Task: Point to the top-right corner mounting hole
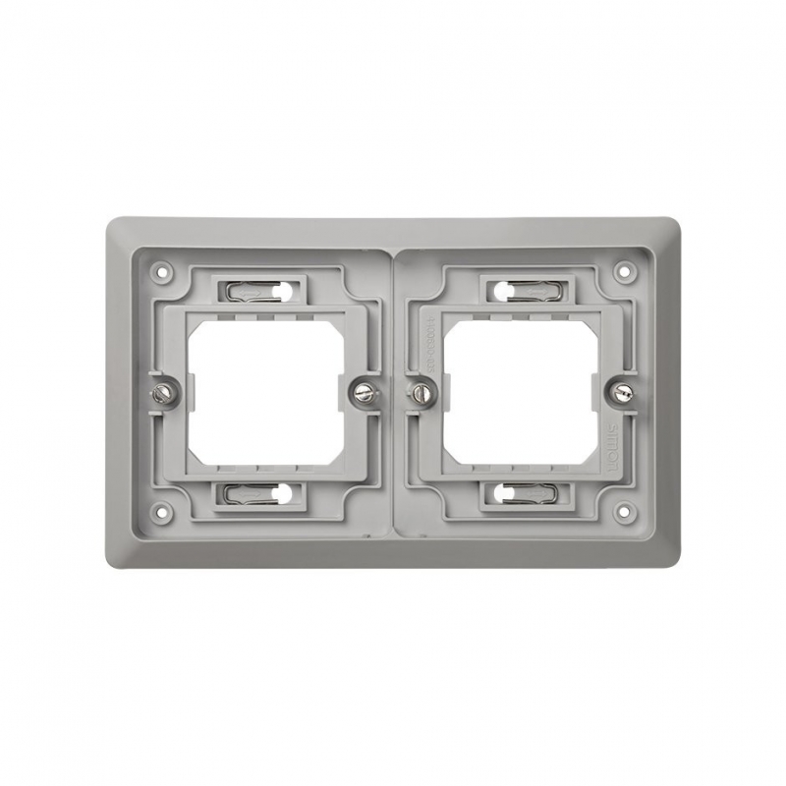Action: (622, 265)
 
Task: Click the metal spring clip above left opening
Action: (260, 291)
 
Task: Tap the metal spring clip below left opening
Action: (260, 494)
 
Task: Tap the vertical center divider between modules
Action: (393, 393)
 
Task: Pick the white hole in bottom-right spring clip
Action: (501, 494)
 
